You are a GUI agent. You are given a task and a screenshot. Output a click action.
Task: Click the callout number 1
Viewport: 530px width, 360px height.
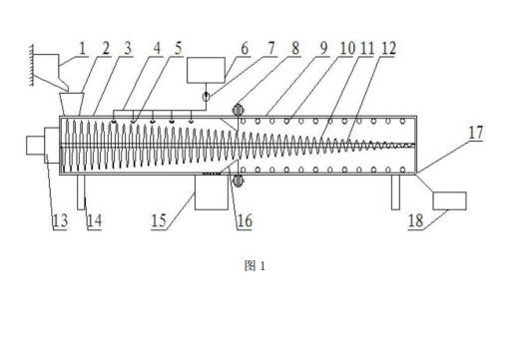[83, 48]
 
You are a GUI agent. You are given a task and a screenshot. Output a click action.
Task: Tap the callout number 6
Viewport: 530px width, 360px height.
[245, 48]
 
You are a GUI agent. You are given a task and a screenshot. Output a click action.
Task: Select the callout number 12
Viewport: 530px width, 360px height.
[388, 48]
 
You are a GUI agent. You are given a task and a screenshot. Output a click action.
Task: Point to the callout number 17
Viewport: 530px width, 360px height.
[476, 132]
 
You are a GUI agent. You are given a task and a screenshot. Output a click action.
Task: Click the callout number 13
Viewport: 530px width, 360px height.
[60, 220]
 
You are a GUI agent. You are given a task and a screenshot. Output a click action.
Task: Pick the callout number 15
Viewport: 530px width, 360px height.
[159, 220]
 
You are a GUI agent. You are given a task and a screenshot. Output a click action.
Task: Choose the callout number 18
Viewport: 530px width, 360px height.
[415, 220]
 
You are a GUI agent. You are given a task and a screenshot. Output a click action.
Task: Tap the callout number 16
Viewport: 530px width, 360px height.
[245, 220]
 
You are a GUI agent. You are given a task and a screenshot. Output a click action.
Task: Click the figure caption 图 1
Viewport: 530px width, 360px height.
[255, 266]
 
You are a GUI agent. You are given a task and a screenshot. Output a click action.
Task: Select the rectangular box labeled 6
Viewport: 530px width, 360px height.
[207, 70]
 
